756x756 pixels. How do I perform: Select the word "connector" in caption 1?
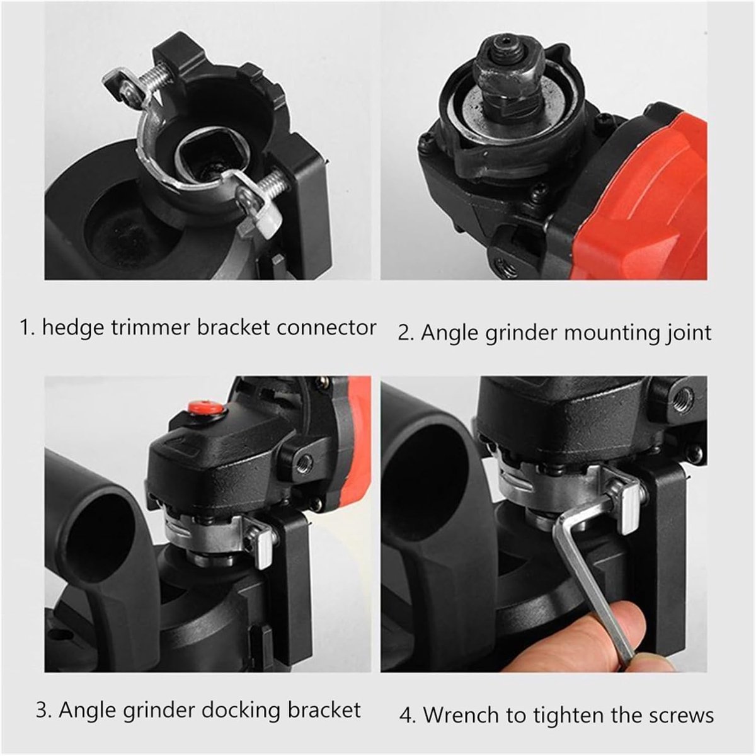pos(326,328)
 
